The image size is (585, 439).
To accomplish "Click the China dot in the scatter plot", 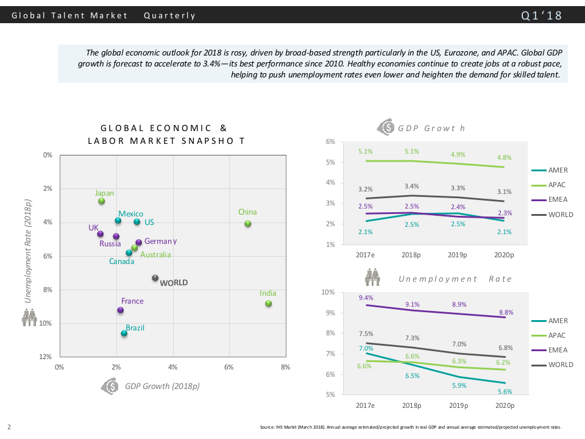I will [x=248, y=224].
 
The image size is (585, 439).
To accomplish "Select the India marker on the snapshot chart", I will [x=268, y=304].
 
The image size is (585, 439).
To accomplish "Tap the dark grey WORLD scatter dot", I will [x=155, y=278].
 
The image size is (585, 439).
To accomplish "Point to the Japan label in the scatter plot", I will [x=104, y=193].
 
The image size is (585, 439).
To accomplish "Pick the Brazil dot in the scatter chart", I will [x=124, y=334].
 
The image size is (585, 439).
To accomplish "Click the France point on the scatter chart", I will [x=121, y=310].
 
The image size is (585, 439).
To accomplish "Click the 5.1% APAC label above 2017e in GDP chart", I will [x=366, y=151].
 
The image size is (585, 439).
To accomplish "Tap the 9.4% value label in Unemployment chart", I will [x=366, y=298].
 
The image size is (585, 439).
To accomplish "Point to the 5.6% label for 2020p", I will [x=504, y=392].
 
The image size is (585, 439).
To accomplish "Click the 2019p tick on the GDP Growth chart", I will [x=458, y=255].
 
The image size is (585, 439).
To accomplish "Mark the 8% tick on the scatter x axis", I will [x=285, y=367].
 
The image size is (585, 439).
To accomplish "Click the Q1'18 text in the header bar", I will [x=542, y=15].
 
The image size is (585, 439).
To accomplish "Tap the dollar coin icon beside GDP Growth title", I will [x=386, y=127].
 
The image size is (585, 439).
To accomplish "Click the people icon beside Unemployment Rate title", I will [x=372, y=278].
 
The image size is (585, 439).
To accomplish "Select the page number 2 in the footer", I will [x=9, y=426].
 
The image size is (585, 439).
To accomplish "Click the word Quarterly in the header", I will [x=170, y=15].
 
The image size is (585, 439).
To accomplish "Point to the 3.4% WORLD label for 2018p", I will [x=411, y=186].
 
